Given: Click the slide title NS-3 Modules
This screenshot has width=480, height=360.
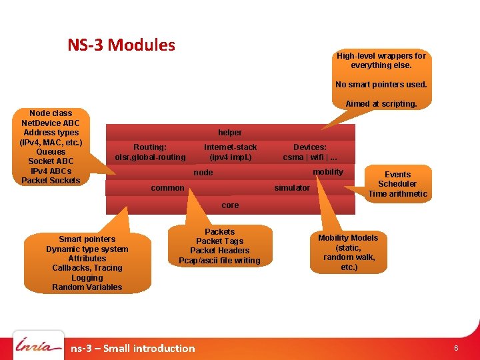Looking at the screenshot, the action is pos(121,45).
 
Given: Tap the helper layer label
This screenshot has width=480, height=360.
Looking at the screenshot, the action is pos(230,133).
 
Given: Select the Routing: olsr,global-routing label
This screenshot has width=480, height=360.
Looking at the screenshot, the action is pos(150,152).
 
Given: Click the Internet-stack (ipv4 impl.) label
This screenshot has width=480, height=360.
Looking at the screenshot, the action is pos(230,152).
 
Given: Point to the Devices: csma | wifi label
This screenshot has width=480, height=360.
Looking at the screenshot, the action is pos(310,152).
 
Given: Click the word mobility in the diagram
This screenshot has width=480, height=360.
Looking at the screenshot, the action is pos(328,172).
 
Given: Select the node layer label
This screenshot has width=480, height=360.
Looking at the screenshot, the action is pos(203,173).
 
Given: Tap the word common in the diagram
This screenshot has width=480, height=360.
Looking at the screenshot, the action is pos(167,188).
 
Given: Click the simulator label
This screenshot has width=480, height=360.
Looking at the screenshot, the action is pos(292,188).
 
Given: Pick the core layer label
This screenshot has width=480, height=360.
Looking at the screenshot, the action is pos(230,205).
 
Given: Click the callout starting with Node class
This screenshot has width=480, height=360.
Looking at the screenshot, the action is pos(51,147).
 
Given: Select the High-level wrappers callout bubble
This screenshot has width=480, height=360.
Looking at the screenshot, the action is pos(381,79).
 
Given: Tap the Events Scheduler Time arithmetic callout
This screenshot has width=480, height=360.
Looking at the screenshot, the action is pos(397,184).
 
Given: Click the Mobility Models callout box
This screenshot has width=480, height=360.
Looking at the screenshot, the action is pos(348,252).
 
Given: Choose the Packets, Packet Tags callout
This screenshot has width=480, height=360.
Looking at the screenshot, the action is pos(219,246).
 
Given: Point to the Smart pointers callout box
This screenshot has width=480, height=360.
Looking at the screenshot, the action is pos(87,263).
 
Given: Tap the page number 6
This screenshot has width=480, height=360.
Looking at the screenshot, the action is pos(456,349).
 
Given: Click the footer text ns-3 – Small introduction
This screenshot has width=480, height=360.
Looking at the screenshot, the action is pos(133,348).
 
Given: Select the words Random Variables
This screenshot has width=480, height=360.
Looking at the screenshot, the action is pos(87,287).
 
